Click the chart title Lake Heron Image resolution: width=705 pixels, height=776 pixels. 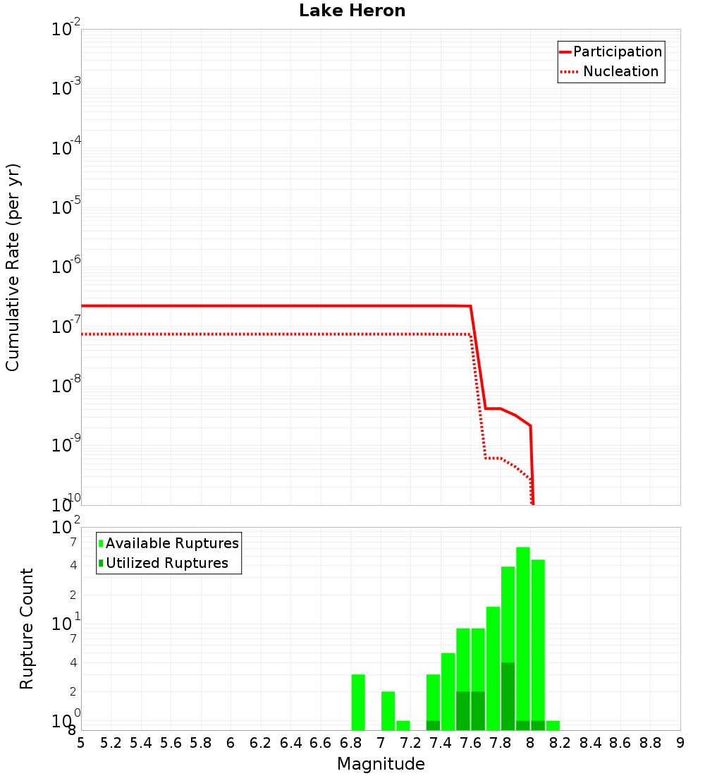coord(352,11)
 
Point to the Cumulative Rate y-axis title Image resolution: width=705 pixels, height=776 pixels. coord(13,267)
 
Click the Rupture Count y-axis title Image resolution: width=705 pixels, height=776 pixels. coord(27,628)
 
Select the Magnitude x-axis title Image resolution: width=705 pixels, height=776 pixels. coord(381,764)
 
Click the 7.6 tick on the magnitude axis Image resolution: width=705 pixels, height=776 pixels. coord(470,743)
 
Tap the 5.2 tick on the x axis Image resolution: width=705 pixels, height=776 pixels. coord(111,743)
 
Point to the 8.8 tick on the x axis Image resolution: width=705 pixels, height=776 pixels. coord(650,743)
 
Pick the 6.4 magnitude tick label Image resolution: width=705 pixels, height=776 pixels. coord(290,743)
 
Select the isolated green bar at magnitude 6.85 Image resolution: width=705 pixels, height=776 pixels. coord(358,702)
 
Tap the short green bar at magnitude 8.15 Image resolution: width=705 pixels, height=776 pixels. coord(553,725)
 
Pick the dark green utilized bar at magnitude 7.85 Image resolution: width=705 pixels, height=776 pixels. coord(508,696)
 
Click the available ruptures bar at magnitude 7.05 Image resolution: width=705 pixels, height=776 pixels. coord(388,710)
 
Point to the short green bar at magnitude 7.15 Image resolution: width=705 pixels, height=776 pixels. coord(403,725)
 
